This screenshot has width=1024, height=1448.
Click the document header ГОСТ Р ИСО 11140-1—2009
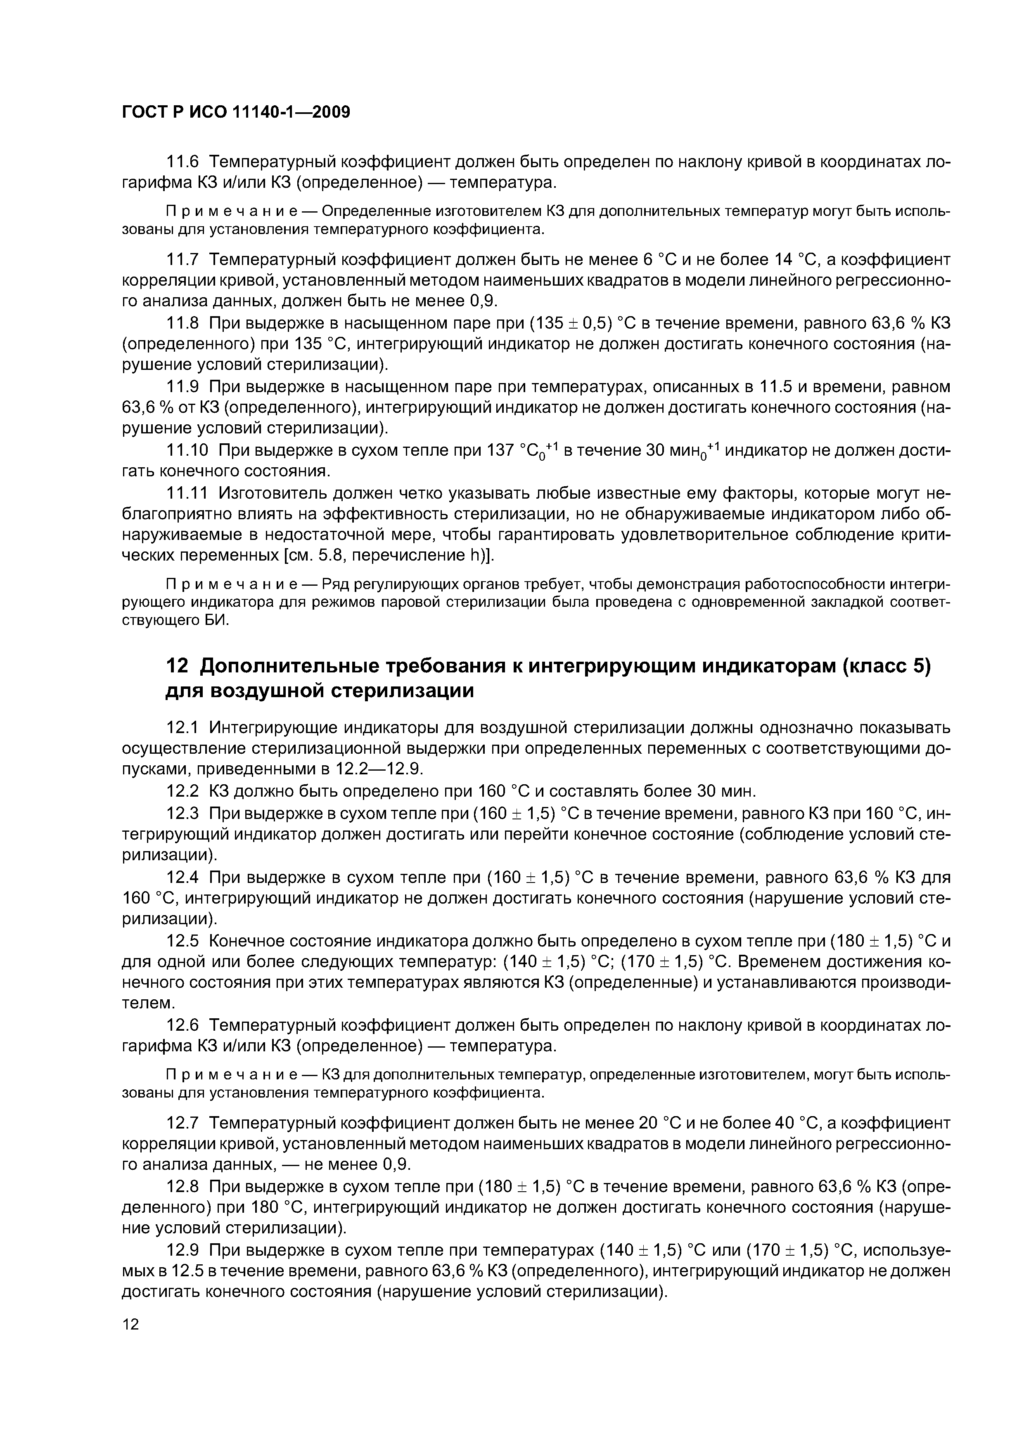point(235,112)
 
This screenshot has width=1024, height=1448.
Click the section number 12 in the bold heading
point(177,666)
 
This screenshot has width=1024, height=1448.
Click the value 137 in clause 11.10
point(501,450)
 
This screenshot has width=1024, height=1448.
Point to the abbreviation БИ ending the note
point(213,620)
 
